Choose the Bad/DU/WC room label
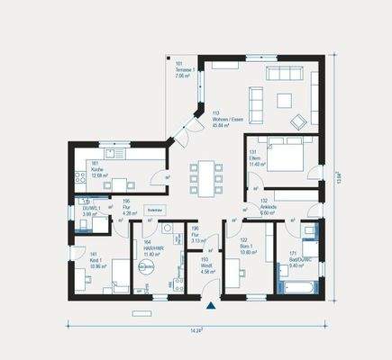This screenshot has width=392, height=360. click(300, 262)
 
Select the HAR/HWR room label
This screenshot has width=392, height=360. click(151, 249)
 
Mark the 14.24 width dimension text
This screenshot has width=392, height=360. click(196, 332)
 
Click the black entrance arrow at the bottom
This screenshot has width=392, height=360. click(211, 306)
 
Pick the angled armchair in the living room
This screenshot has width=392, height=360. click(296, 118)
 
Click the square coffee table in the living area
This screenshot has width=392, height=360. click(285, 99)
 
